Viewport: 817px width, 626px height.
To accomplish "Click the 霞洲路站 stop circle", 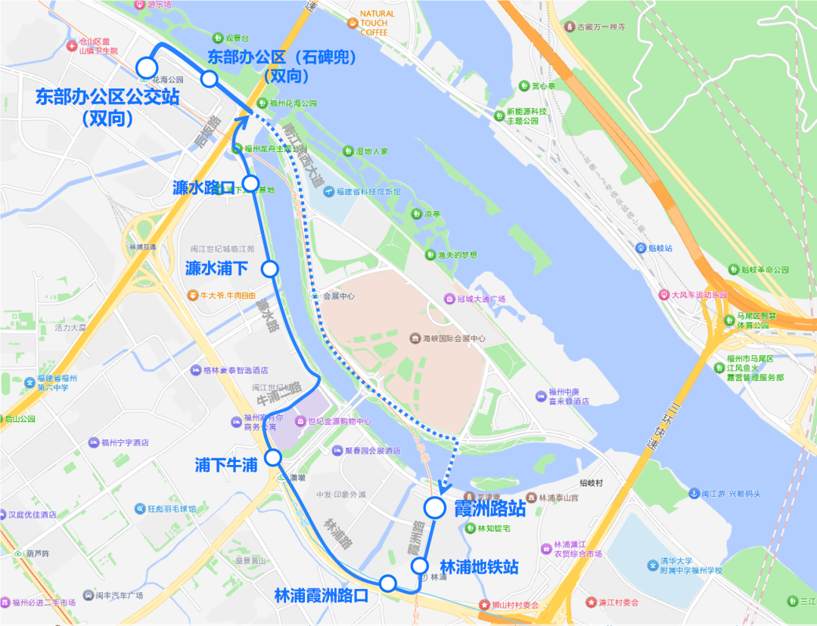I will tap(434, 507).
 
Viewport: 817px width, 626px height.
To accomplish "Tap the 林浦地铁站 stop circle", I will tap(420, 566).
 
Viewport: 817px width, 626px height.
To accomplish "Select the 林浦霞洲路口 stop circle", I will tap(388, 583).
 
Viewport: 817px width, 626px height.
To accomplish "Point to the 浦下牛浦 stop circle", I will tap(273, 457).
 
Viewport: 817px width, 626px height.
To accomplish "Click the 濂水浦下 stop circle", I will tap(269, 268).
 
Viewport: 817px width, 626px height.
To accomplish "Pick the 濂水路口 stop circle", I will tap(251, 182).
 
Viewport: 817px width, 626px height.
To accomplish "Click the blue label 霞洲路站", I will tap(489, 508).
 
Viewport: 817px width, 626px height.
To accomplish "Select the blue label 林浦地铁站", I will tap(479, 567).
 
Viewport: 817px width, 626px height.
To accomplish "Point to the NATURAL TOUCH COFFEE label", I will tap(377, 23).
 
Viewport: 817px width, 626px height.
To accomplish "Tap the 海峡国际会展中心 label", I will tap(453, 338).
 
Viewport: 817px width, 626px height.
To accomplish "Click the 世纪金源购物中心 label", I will tap(339, 421).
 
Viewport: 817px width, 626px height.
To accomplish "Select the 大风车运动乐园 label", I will tap(699, 295).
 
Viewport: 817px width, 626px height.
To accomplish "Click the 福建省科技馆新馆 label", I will tap(368, 192).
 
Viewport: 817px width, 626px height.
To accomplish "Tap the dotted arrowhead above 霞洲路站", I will tap(442, 488).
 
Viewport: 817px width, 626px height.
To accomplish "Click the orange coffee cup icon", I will tap(352, 23).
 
